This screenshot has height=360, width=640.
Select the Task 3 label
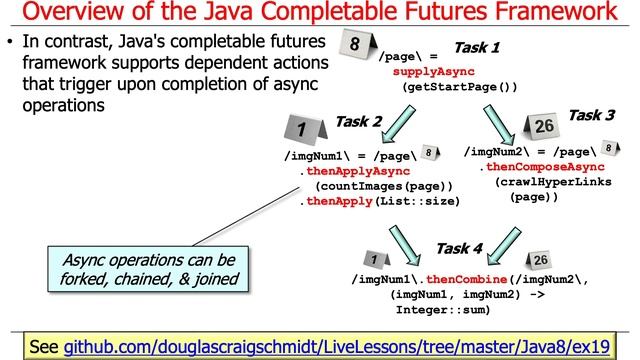click(591, 115)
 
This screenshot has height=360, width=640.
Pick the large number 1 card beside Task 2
click(301, 130)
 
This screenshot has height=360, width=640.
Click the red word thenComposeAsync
click(541, 167)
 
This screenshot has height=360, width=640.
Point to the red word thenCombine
click(463, 279)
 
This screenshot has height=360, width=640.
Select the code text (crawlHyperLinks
click(550, 182)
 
